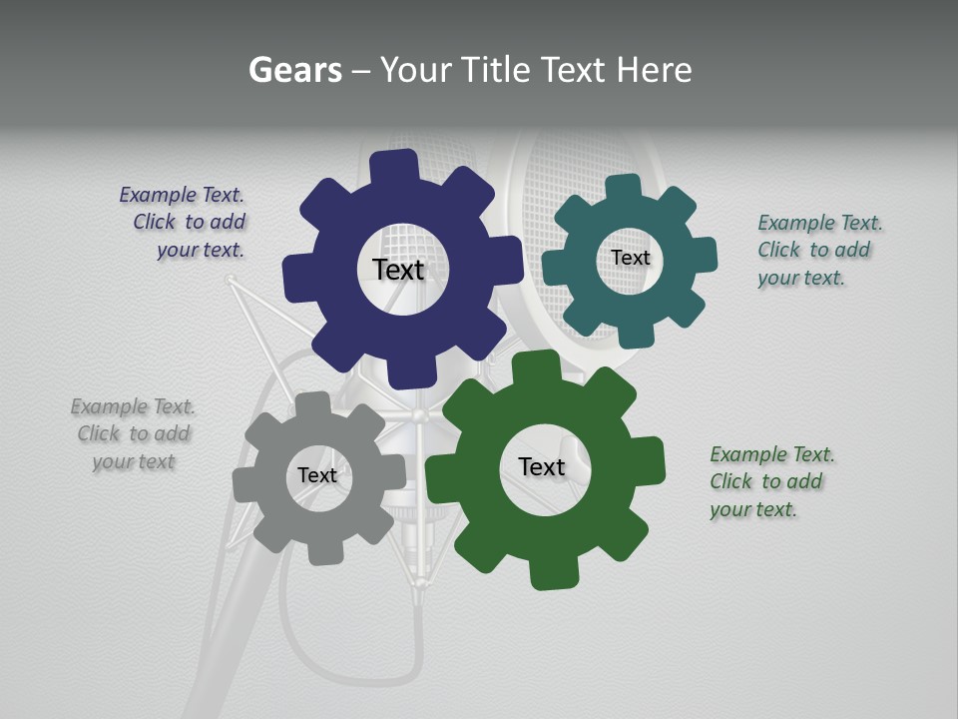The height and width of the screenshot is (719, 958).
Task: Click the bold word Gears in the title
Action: (x=294, y=70)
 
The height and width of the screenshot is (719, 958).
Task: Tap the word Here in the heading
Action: (x=654, y=70)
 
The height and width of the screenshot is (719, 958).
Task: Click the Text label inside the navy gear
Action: (x=398, y=270)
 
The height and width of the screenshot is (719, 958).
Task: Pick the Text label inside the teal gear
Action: (x=630, y=258)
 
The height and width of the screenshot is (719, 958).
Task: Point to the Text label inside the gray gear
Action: (x=316, y=475)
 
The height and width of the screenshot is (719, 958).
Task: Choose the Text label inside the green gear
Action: (x=542, y=466)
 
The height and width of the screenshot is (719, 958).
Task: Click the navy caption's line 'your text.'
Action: (x=200, y=250)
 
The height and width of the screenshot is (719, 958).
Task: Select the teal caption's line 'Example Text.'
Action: (x=819, y=223)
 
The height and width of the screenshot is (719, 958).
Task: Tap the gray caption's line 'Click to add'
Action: (x=134, y=433)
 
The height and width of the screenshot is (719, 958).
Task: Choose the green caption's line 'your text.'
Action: (x=752, y=509)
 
